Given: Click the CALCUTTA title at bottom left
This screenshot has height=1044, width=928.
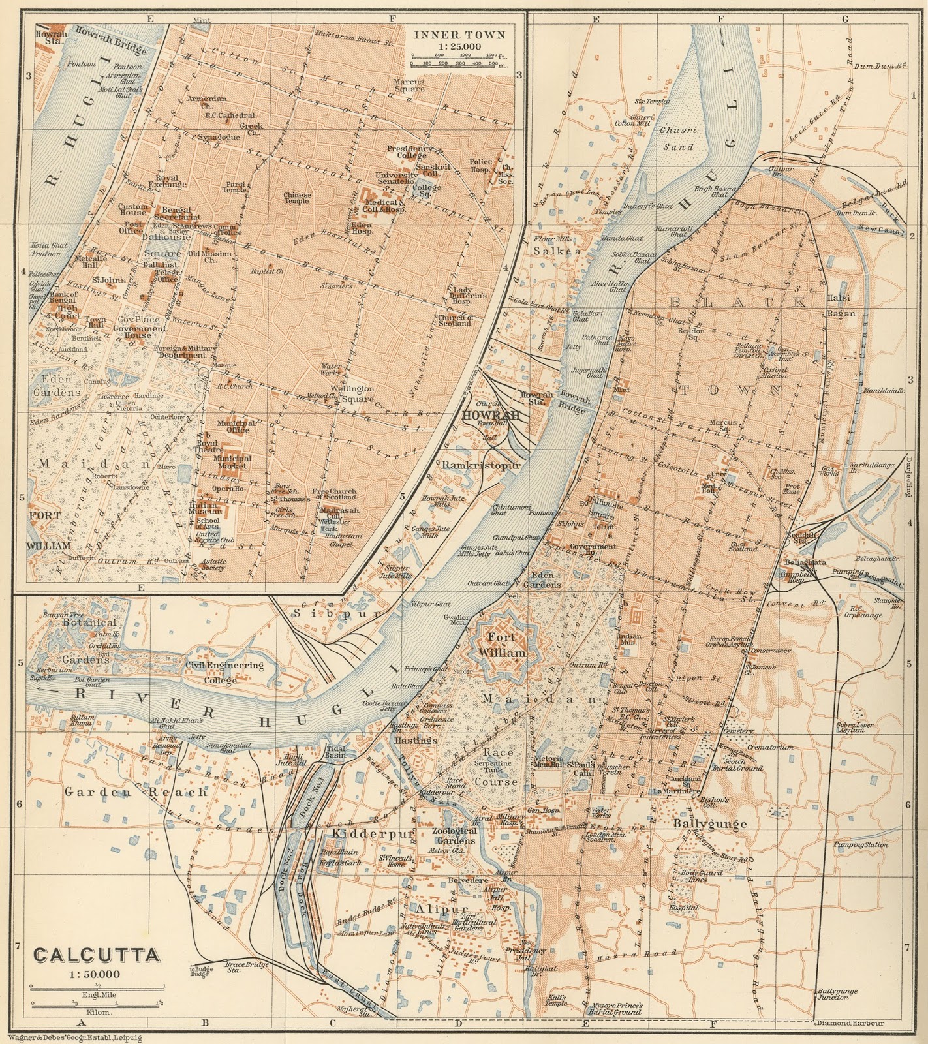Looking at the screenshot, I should (97, 955).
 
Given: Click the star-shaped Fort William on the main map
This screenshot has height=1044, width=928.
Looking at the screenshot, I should (501, 645).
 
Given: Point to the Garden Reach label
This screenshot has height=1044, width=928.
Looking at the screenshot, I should (136, 791).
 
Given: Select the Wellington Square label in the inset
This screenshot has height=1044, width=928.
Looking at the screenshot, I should (355, 393).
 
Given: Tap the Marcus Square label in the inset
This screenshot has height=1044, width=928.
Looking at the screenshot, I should (409, 85).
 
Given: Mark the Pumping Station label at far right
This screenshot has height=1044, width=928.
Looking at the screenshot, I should (861, 844).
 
